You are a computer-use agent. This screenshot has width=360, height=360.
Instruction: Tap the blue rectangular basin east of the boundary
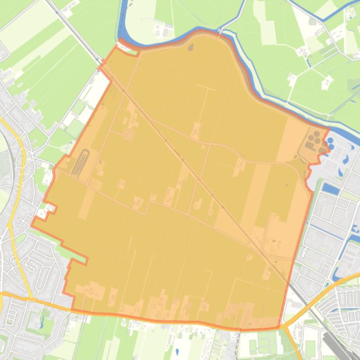(331, 189)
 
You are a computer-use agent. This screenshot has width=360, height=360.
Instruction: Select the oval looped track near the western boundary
(81, 162)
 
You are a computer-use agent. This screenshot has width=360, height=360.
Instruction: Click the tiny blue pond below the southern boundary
(176, 351)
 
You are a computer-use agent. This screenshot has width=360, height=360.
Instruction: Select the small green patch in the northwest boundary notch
(132, 52)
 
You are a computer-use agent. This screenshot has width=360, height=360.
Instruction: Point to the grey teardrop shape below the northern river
(191, 46)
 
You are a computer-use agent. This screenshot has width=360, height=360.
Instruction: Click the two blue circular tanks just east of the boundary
(331, 143)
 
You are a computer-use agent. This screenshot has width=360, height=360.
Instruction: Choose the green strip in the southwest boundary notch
(77, 255)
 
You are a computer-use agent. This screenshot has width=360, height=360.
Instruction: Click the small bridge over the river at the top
(219, 31)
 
